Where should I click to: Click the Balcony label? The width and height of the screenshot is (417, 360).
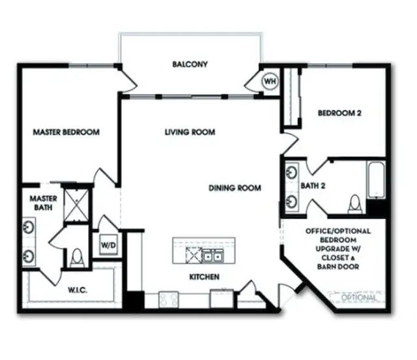click(x=190, y=64)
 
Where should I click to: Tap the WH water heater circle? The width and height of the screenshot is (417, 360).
click(x=270, y=82)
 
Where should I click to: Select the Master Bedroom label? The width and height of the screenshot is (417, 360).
click(x=66, y=132)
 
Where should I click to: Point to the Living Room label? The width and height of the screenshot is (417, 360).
click(x=190, y=132)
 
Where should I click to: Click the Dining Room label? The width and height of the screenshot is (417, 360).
click(x=235, y=188)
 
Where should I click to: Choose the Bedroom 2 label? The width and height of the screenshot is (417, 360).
click(x=339, y=113)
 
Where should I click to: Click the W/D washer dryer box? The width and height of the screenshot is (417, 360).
click(x=107, y=245)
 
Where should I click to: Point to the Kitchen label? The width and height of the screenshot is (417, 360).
click(x=204, y=277)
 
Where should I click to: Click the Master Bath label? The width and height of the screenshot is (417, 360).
click(x=44, y=203)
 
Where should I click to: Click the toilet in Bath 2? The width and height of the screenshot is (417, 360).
click(x=354, y=205)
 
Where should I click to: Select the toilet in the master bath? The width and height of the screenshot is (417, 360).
click(x=77, y=258)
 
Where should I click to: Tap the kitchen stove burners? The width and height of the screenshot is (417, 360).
click(x=168, y=299)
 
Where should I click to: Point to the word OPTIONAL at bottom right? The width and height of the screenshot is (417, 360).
click(x=359, y=298)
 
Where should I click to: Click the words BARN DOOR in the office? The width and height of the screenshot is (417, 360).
click(x=339, y=267)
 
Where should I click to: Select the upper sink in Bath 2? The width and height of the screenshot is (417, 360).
click(x=291, y=173)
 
